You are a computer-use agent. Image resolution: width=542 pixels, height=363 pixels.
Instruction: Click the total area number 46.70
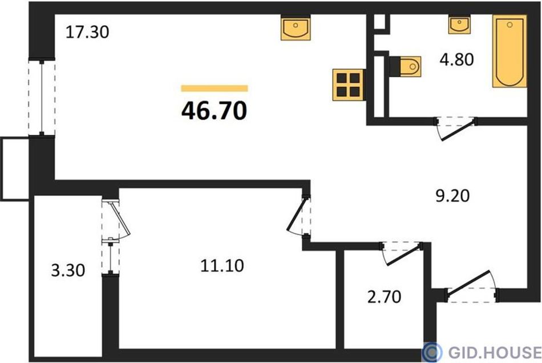tap(214, 111)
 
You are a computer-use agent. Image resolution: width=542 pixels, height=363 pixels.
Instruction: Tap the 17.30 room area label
tap(87, 32)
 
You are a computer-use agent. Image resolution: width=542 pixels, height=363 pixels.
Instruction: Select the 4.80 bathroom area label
tap(456, 59)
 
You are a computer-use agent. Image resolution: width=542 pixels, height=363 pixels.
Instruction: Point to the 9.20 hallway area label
tap(452, 196)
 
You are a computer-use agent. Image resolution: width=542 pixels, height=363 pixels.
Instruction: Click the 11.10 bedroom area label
tap(222, 265)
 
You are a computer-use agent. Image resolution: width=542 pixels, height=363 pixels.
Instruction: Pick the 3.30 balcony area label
tap(68, 270)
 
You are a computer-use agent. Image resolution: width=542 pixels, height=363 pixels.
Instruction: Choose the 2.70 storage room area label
tap(384, 297)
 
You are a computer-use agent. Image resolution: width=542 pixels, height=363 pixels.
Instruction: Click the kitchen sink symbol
tap(296, 27)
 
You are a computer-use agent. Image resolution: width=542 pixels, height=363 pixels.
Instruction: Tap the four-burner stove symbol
tap(348, 84)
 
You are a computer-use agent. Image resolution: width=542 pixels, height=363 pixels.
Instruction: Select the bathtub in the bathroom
tap(509, 51)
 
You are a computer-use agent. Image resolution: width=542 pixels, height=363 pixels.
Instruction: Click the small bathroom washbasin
tap(459, 24)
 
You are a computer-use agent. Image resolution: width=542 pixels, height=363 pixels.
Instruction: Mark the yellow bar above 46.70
tap(215, 88)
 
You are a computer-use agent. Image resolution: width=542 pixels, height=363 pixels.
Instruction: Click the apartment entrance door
tap(472, 287)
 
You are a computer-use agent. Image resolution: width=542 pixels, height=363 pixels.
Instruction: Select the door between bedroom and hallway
tap(298, 216)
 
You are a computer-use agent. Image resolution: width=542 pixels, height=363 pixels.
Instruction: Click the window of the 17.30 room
tap(42, 98)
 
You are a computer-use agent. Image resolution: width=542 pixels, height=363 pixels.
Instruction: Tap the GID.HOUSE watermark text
tap(495, 352)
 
